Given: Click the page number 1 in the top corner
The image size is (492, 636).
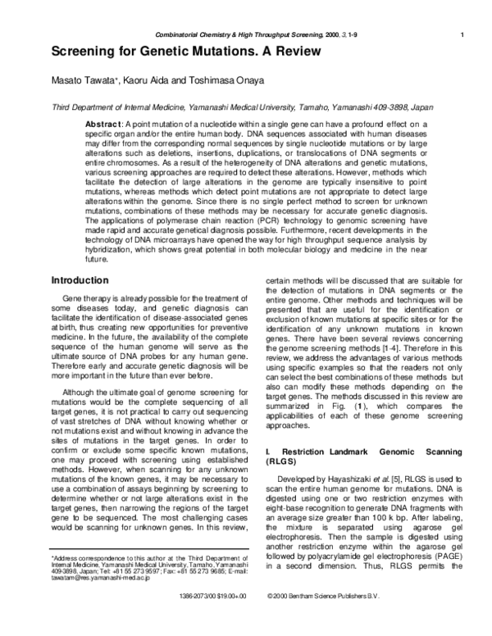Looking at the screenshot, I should tap(463, 34).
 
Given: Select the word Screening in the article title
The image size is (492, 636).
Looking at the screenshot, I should tap(88, 52).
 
